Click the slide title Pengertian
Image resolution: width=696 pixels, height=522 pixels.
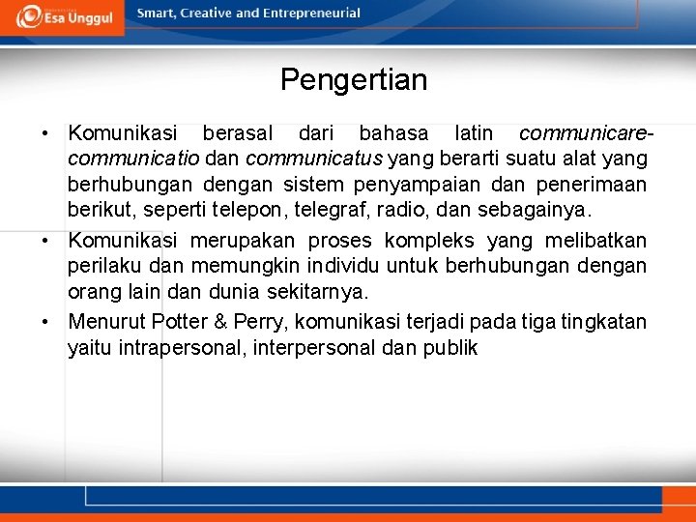pyautogui.click(x=353, y=79)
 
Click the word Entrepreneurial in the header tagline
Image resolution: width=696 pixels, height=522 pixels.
pyautogui.click(x=309, y=14)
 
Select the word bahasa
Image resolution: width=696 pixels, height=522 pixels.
pyautogui.click(x=393, y=133)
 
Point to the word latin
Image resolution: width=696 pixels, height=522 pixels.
pyautogui.click(x=473, y=133)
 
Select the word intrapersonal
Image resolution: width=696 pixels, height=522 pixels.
pyautogui.click(x=182, y=348)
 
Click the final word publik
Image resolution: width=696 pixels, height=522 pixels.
pyautogui.click(x=450, y=348)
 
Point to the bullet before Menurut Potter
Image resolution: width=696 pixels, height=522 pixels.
pyautogui.click(x=46, y=322)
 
